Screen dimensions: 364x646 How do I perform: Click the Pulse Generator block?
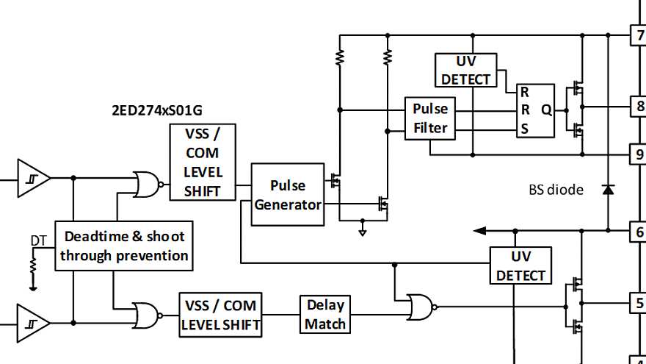(287, 195)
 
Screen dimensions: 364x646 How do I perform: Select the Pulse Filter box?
(429, 118)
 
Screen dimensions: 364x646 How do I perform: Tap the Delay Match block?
(325, 314)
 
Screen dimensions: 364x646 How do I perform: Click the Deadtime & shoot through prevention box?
(124, 246)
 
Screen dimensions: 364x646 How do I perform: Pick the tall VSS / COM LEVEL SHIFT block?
(203, 162)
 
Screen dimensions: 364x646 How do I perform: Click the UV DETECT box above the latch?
(465, 70)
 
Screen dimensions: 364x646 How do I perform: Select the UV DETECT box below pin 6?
(520, 265)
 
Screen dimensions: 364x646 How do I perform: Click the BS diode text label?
(556, 190)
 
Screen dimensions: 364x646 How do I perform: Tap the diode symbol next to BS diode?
(608, 190)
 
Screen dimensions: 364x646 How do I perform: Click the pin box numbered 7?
(639, 35)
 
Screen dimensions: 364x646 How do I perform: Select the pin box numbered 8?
(639, 106)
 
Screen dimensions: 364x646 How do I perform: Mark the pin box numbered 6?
(639, 231)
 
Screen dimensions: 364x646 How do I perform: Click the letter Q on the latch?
(546, 110)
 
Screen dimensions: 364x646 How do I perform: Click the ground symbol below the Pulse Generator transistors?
(363, 231)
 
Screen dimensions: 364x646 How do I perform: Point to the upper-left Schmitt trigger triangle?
(33, 178)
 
